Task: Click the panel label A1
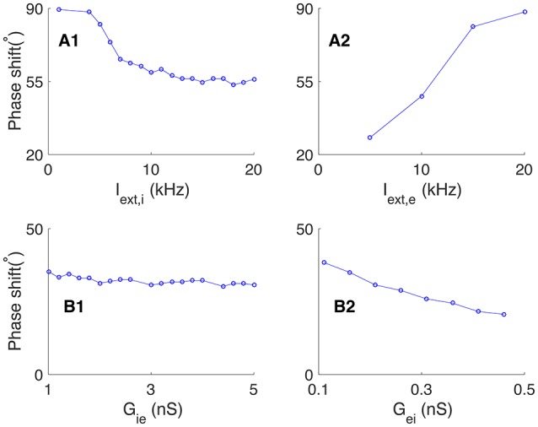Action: [x=68, y=41]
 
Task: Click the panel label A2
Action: [x=339, y=41]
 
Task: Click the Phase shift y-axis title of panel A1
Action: [x=15, y=83]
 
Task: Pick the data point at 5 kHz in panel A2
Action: [x=370, y=138]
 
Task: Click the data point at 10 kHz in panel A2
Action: [x=422, y=96]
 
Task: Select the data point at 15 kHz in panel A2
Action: [x=473, y=26]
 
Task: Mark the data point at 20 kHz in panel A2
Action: [x=525, y=12]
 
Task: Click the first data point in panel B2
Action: [x=324, y=262]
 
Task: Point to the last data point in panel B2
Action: [x=503, y=315]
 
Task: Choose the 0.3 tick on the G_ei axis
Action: [x=421, y=390]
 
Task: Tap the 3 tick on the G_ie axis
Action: [x=151, y=390]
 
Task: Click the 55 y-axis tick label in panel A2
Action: [x=303, y=82]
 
